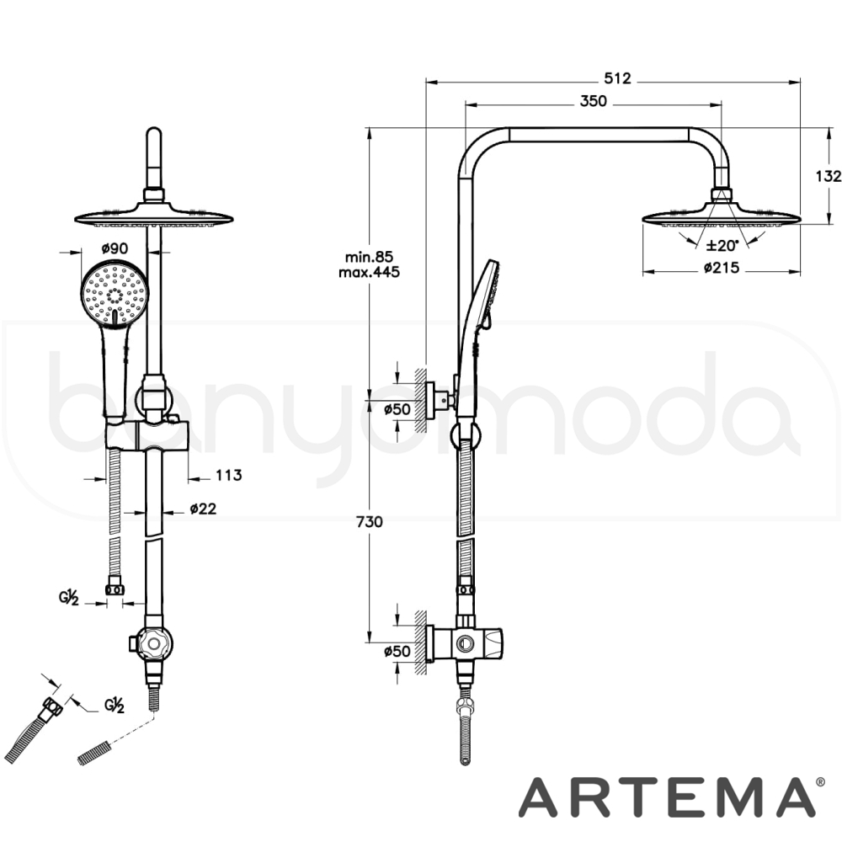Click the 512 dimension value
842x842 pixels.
point(617,78)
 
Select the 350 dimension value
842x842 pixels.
point(594,101)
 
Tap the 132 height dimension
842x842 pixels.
point(829,176)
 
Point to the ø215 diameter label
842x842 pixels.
point(722,267)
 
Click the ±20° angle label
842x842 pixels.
point(722,246)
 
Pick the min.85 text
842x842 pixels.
point(369,256)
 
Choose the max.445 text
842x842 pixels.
point(369,272)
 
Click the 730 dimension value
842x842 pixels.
point(369,521)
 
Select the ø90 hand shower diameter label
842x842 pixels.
point(115,248)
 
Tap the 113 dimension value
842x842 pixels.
point(229,475)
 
